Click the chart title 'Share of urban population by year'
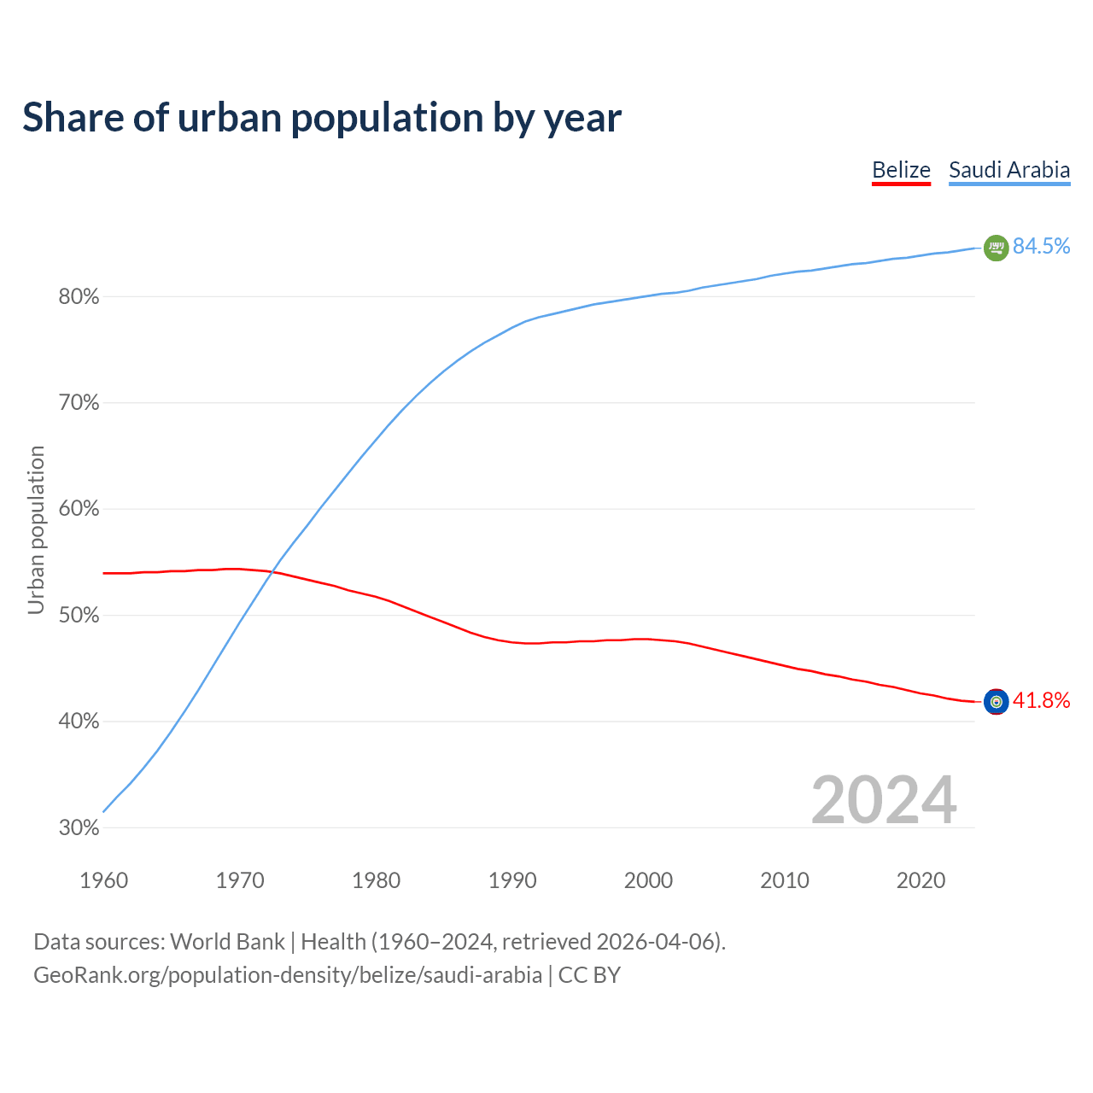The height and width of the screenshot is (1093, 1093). click(322, 118)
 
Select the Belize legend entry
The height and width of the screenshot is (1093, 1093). click(901, 170)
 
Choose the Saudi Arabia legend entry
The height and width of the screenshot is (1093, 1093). click(1009, 170)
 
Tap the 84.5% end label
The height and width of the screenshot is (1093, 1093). click(1041, 246)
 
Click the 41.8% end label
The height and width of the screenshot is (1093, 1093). click(1041, 701)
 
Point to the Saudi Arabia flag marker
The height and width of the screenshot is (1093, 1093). click(996, 248)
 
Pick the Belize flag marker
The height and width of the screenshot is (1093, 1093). click(996, 701)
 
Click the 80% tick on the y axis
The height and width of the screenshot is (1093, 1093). click(79, 297)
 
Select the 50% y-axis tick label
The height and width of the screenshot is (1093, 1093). click(79, 616)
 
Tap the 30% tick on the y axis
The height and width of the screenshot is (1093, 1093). click(79, 828)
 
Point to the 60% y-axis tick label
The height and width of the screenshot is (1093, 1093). click(79, 510)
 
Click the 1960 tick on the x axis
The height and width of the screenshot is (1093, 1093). click(103, 880)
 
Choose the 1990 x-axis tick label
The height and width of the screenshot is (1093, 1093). click(512, 880)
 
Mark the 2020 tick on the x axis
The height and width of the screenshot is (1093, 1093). click(921, 880)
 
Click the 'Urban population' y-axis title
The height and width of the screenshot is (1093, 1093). click(36, 529)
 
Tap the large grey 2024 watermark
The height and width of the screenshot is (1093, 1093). click(884, 800)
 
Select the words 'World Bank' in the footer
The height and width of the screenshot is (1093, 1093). click(227, 942)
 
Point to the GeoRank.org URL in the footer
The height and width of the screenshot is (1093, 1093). click(288, 975)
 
